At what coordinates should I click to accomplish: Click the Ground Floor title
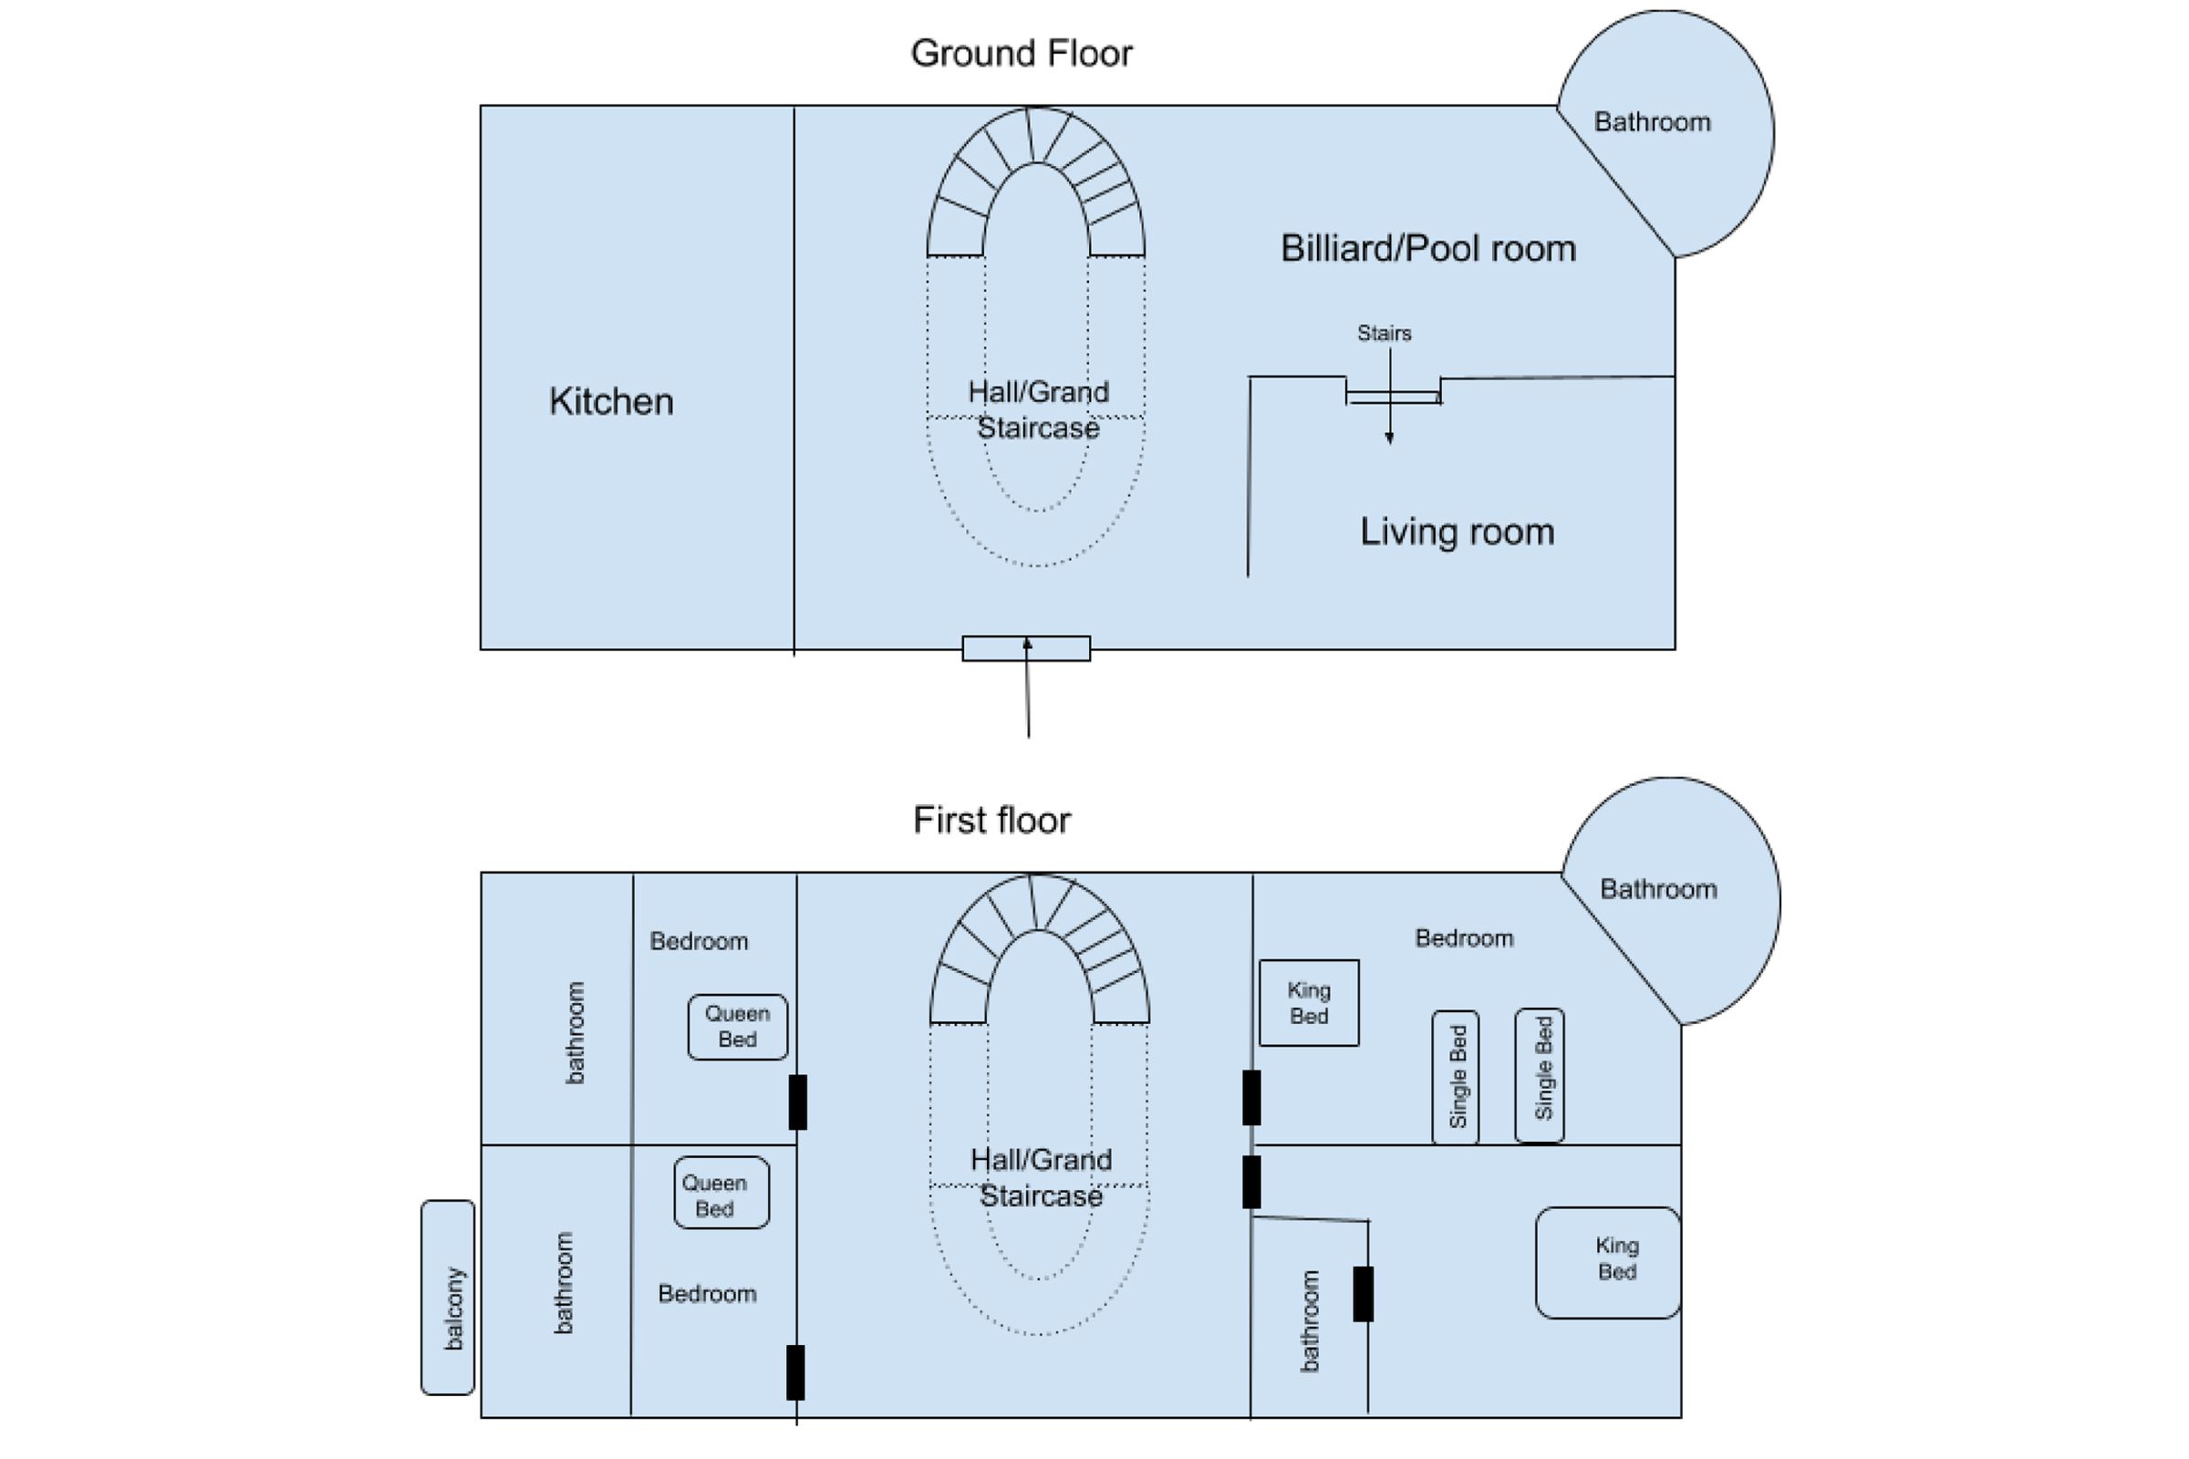pos(1021,53)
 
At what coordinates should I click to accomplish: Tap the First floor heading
pos(992,820)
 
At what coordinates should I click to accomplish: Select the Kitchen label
pos(611,401)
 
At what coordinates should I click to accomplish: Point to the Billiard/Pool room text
pos(1428,248)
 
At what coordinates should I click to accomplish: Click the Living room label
pos(1458,532)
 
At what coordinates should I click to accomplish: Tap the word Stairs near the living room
pos(1384,333)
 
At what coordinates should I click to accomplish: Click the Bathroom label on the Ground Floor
pos(1652,122)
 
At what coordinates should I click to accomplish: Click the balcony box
pos(448,1297)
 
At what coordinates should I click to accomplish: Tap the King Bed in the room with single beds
pos(1309,1003)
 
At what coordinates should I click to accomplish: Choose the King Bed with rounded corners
pos(1608,1263)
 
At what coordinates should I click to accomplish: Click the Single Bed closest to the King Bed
pos(1456,1077)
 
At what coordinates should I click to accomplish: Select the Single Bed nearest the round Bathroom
pos(1540,1075)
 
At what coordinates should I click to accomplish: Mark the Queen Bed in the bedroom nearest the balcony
pos(721,1193)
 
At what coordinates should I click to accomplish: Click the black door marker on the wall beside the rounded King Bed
pos(1364,1293)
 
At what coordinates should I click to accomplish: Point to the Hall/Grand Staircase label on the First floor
pos(1042,1177)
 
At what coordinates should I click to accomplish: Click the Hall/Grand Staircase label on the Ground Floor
pos(1039,409)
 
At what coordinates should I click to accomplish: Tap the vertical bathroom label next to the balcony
pos(563,1283)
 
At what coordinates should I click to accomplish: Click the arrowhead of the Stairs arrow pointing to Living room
pos(1389,440)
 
